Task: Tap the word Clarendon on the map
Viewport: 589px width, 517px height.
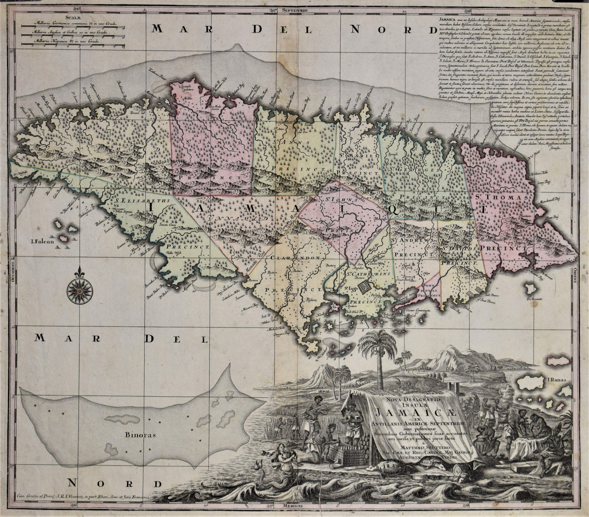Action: pos(296,258)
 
